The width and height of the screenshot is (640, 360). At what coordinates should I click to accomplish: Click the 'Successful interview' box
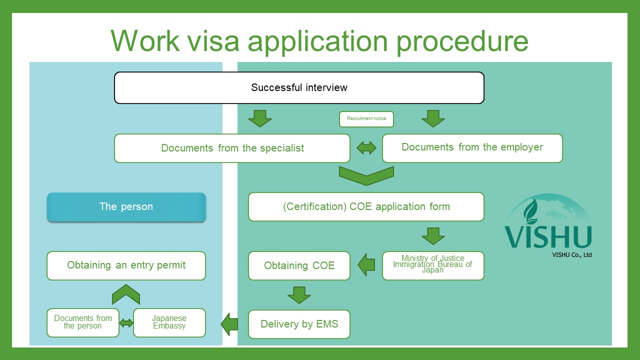click(x=299, y=88)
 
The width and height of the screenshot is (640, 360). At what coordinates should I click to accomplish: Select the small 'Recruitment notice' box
click(x=366, y=119)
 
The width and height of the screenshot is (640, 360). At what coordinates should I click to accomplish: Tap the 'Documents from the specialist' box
click(x=232, y=148)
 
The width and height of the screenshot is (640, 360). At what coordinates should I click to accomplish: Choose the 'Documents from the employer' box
click(x=472, y=147)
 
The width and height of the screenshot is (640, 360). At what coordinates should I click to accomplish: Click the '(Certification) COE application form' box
click(x=366, y=206)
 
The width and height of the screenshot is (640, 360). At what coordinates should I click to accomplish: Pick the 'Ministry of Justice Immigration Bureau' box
click(x=433, y=265)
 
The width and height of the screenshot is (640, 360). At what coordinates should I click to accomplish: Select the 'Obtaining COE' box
click(x=299, y=265)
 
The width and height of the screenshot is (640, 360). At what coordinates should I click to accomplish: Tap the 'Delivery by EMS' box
click(x=299, y=324)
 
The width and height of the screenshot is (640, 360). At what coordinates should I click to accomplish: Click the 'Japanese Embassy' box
click(x=169, y=322)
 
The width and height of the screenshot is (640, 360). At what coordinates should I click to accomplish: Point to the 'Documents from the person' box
click(x=83, y=322)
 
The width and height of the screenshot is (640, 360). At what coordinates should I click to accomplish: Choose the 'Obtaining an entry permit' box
click(x=126, y=265)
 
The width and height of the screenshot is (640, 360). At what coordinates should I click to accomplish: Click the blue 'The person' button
click(x=126, y=207)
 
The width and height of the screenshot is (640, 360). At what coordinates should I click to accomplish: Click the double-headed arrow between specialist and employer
click(x=366, y=148)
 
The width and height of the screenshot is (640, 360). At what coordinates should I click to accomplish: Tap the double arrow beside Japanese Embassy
click(x=126, y=323)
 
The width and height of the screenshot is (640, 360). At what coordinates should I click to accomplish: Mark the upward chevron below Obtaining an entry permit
click(x=126, y=295)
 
